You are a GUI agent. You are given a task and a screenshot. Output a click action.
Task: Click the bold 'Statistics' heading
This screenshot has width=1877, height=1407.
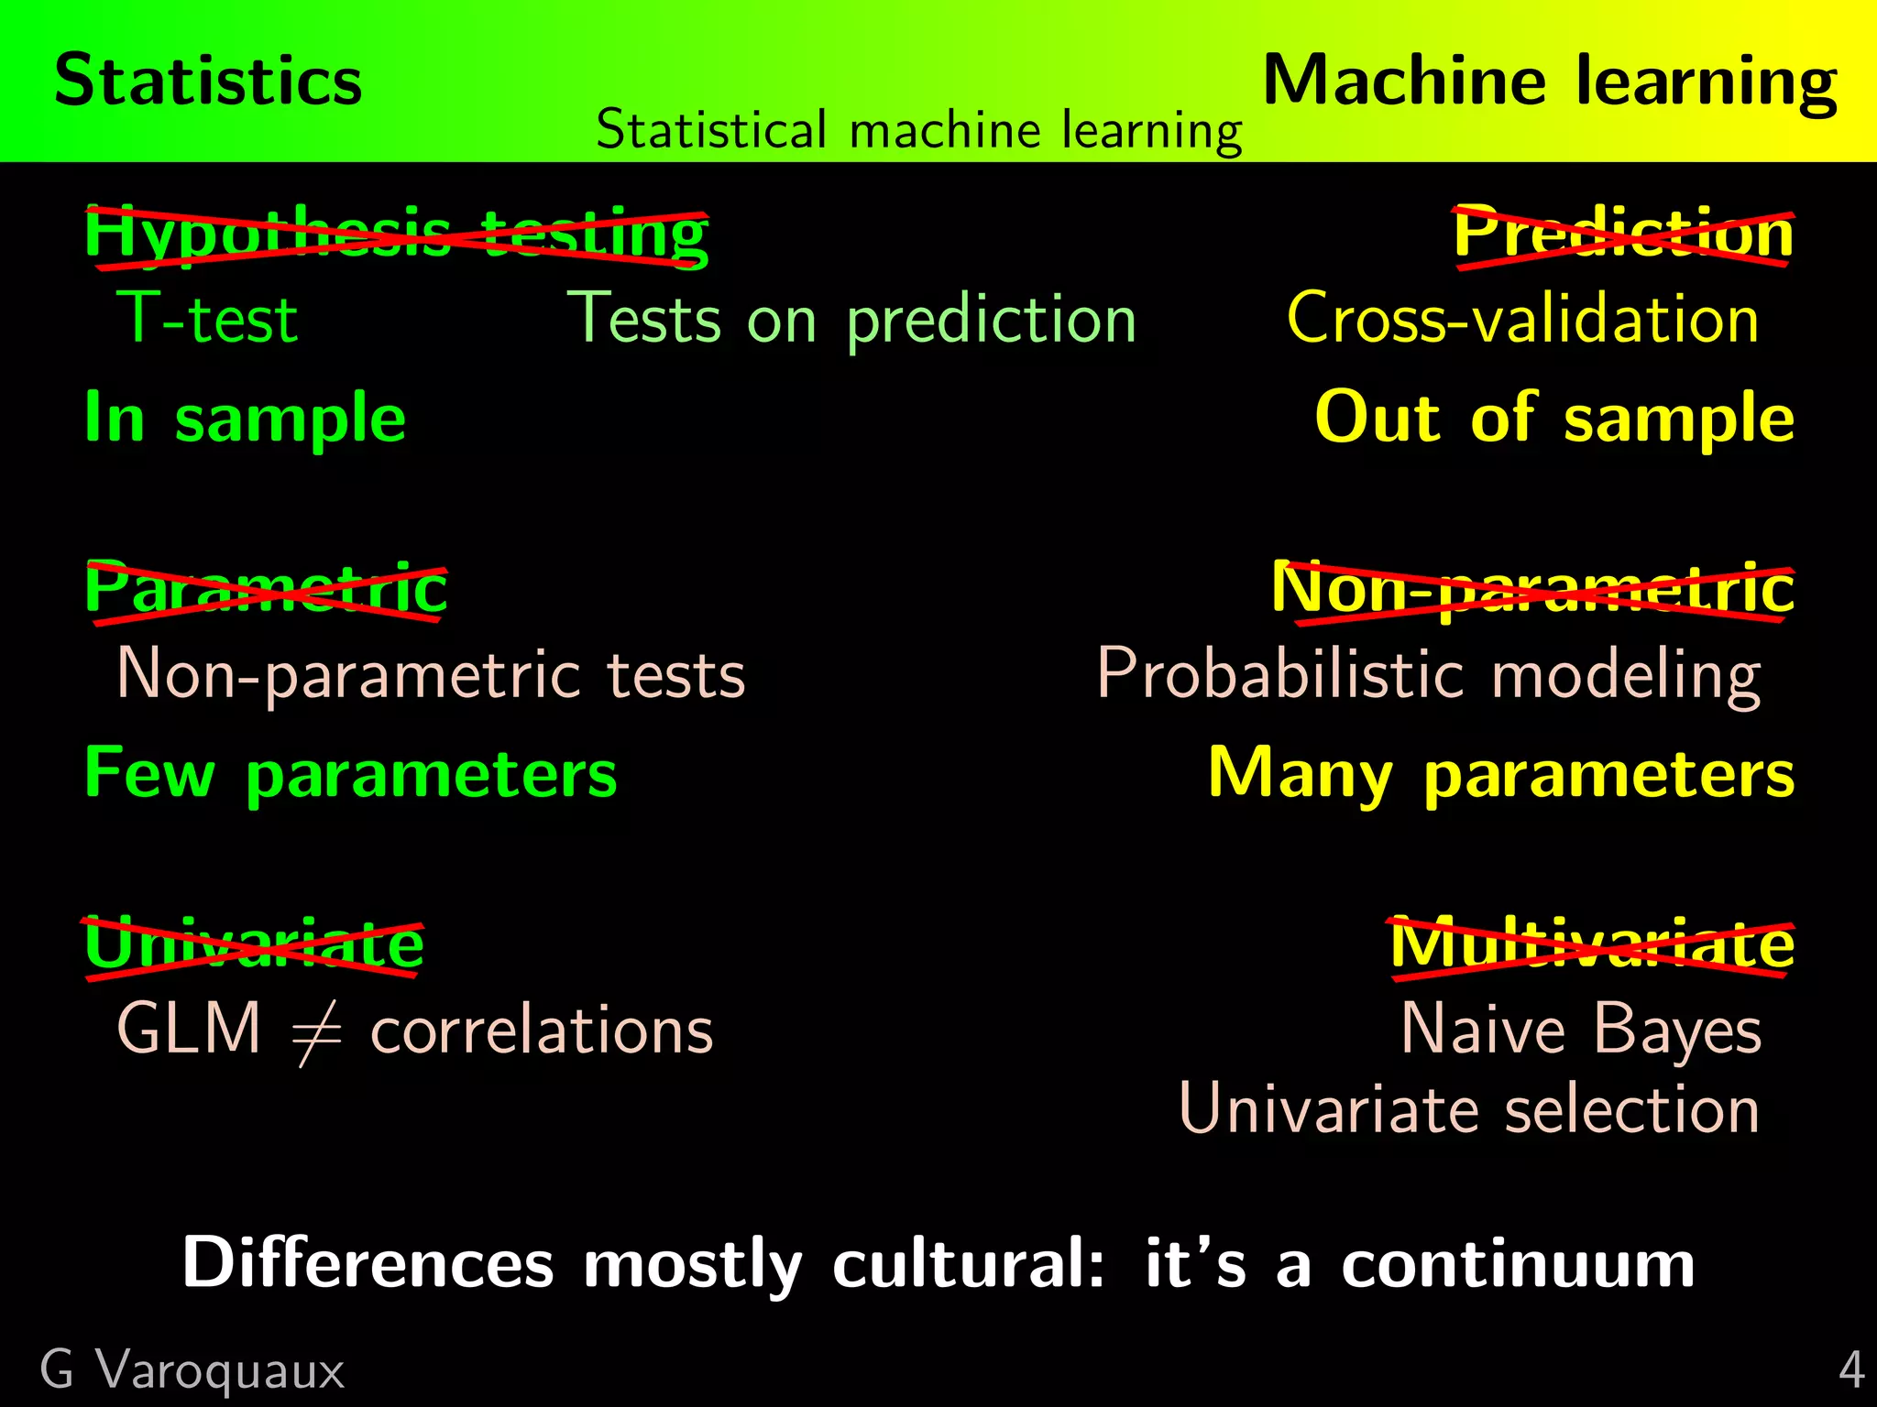208,81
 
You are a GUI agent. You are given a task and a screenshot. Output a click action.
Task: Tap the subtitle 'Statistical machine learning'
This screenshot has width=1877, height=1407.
918,130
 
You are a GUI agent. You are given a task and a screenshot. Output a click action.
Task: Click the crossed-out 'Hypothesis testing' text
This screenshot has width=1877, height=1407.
396,234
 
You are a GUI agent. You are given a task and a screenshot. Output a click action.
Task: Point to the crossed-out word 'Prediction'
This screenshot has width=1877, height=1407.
1623,234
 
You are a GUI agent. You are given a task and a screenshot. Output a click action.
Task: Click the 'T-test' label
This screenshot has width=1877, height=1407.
207,320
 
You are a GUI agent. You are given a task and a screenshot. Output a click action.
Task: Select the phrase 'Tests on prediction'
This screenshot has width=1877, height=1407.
851,320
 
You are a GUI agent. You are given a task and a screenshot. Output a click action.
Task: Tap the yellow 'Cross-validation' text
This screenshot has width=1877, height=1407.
1522,320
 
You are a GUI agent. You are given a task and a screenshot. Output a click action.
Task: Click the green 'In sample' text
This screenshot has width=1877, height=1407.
245,419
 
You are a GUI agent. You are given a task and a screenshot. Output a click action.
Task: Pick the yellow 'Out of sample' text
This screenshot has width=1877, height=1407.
1554,419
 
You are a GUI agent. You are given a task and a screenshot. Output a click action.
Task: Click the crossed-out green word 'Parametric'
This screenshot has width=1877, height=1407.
266,589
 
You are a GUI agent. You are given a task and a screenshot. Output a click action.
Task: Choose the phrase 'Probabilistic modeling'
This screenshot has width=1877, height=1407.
1429,675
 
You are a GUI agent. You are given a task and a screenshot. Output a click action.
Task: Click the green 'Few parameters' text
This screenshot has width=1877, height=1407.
350,775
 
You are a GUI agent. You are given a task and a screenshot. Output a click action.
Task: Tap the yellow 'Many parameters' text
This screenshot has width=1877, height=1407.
1500,775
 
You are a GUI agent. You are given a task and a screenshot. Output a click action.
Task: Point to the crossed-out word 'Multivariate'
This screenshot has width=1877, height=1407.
1592,944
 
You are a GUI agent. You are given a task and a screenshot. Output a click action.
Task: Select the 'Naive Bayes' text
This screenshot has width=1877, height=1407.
1581,1031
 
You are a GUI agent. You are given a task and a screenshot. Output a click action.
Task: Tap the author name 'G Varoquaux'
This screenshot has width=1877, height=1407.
192,1371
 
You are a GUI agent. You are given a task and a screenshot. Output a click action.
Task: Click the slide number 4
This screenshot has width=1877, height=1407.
1851,1371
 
